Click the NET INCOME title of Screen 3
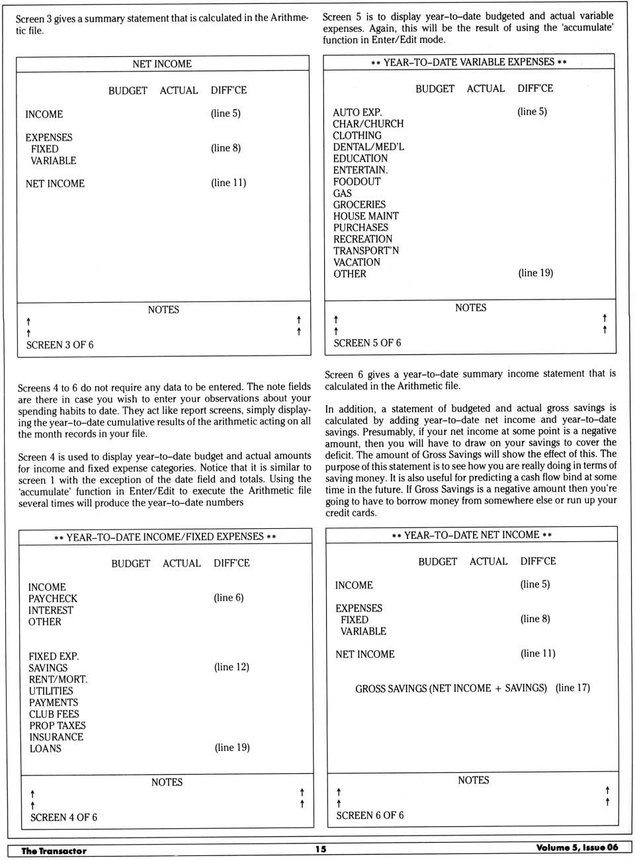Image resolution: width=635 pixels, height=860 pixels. coord(162,64)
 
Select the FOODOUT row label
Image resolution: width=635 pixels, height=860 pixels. coord(357,182)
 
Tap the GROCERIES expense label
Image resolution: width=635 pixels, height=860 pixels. coord(359,205)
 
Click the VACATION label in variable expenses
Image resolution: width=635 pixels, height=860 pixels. coord(357,262)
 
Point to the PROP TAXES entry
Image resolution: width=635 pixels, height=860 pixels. coord(58,726)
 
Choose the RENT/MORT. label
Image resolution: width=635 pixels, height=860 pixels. coord(58,680)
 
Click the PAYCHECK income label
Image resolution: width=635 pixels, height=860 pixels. coord(53,599)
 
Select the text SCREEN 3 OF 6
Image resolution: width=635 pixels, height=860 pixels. coord(60,345)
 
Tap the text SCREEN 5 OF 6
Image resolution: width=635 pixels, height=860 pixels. coord(367,343)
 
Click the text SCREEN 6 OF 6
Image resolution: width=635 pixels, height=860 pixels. coord(370,816)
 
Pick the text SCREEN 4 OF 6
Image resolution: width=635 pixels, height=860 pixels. coord(63,818)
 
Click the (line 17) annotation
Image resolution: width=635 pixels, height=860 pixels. coord(573,688)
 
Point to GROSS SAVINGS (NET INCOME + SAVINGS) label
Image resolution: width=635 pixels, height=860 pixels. coord(451,689)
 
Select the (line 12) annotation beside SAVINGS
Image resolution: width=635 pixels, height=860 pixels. coord(232,667)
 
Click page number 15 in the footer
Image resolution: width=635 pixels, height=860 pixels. coord(321,849)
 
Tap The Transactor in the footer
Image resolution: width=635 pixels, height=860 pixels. coord(54,851)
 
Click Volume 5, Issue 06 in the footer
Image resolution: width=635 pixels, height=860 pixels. coord(577,848)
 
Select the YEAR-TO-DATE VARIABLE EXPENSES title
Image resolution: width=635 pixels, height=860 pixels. coord(469,62)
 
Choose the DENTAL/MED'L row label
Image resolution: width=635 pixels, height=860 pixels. coord(368,147)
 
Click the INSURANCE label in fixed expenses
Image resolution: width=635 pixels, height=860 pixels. coord(56,737)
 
